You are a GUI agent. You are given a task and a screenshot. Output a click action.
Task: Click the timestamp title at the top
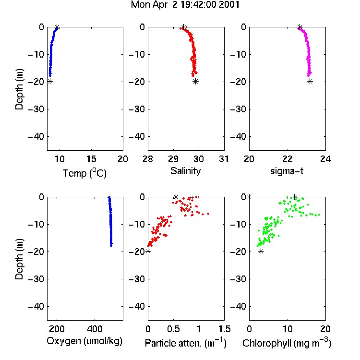pyautogui.click(x=185, y=5)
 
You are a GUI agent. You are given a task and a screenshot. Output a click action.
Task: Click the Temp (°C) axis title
pyautogui.click(x=84, y=173)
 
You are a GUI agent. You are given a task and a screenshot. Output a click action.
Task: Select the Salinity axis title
pyautogui.click(x=185, y=171)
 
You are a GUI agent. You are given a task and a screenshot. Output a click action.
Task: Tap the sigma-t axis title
pyautogui.click(x=287, y=171)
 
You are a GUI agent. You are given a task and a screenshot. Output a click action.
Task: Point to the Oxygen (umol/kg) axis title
pyautogui.click(x=84, y=341)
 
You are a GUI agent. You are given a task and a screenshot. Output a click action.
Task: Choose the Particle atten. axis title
pyautogui.click(x=186, y=343)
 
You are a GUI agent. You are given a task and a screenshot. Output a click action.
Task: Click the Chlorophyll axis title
pyautogui.click(x=287, y=343)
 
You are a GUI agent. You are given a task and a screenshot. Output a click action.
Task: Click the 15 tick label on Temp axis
pyautogui.click(x=91, y=159)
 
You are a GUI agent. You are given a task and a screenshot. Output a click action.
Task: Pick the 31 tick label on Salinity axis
pyautogui.click(x=224, y=159)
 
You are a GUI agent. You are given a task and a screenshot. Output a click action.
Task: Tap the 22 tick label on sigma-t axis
pyautogui.click(x=288, y=159)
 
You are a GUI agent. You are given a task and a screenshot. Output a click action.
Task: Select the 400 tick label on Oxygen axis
pyautogui.click(x=95, y=329)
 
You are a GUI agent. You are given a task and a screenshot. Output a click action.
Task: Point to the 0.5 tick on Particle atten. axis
pyautogui.click(x=173, y=329)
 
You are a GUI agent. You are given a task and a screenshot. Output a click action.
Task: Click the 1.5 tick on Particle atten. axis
pyautogui.click(x=224, y=329)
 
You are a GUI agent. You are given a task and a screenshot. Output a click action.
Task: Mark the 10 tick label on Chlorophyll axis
pyautogui.click(x=288, y=329)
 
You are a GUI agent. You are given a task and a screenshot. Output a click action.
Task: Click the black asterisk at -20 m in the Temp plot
pyautogui.click(x=50, y=82)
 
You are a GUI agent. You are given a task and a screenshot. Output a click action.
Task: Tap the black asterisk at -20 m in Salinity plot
pyautogui.click(x=195, y=82)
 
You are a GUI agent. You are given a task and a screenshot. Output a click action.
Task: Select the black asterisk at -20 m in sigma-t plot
pyautogui.click(x=310, y=82)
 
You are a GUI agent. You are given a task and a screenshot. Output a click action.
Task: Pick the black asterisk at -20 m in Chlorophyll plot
pyautogui.click(x=261, y=252)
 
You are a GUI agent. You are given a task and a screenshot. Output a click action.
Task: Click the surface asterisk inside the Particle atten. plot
pyautogui.click(x=176, y=197)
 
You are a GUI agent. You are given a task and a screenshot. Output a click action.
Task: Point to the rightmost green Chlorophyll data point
pyautogui.click(x=319, y=215)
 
